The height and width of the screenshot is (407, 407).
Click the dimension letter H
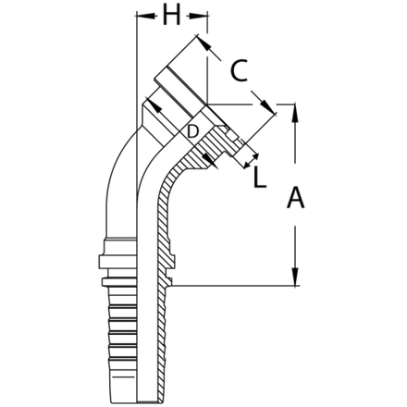[170, 18]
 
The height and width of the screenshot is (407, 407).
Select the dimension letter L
[260, 175]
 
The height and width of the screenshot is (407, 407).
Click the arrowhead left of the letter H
[140, 17]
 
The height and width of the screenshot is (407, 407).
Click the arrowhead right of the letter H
[206, 17]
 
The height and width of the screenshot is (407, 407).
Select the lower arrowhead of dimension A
[292, 280]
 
